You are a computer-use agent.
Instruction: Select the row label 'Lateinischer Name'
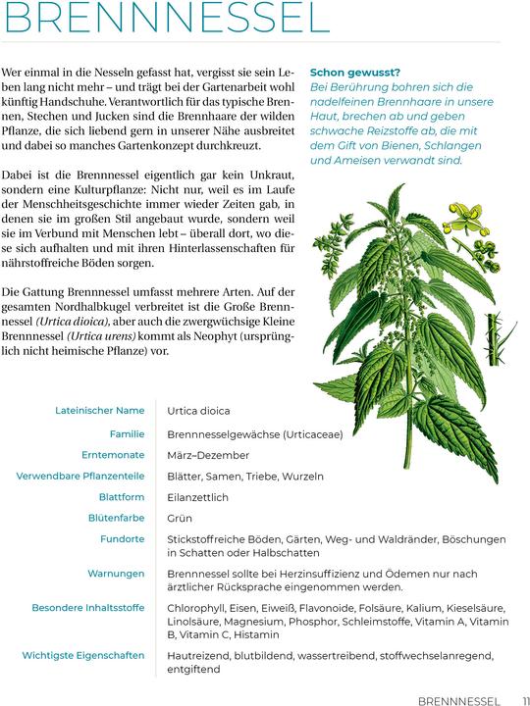coord(100,410)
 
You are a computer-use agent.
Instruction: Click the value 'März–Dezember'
coord(209,455)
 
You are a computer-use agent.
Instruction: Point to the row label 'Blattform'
coord(121,497)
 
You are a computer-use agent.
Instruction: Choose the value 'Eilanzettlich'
coord(197,497)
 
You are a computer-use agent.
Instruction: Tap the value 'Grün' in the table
coord(180,518)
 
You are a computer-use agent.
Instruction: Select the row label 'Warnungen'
coord(116,573)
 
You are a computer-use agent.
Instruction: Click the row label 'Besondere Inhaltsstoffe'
coord(88,607)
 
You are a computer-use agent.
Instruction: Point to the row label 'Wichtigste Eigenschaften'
coord(83,655)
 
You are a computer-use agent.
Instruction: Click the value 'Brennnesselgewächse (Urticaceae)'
coord(254,433)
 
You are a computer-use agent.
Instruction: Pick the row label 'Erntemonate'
coord(113,455)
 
